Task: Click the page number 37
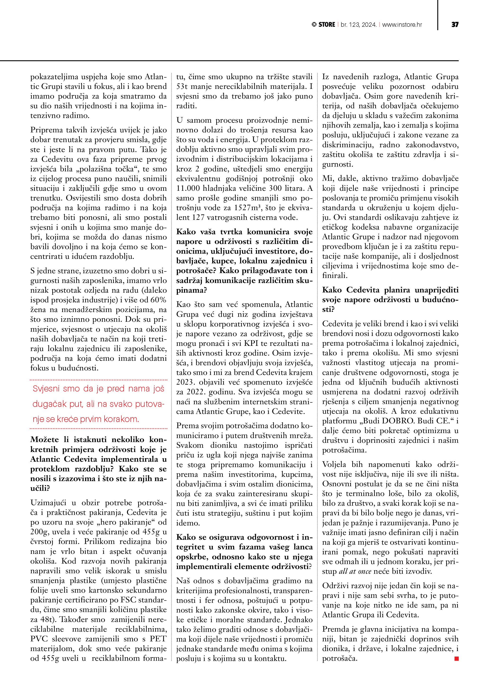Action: pyautogui.click(x=455, y=25)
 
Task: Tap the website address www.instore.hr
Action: pyautogui.click(x=402, y=25)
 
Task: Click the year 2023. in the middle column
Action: pyautogui.click(x=186, y=382)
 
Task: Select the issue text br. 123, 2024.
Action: pyautogui.click(x=358, y=25)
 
